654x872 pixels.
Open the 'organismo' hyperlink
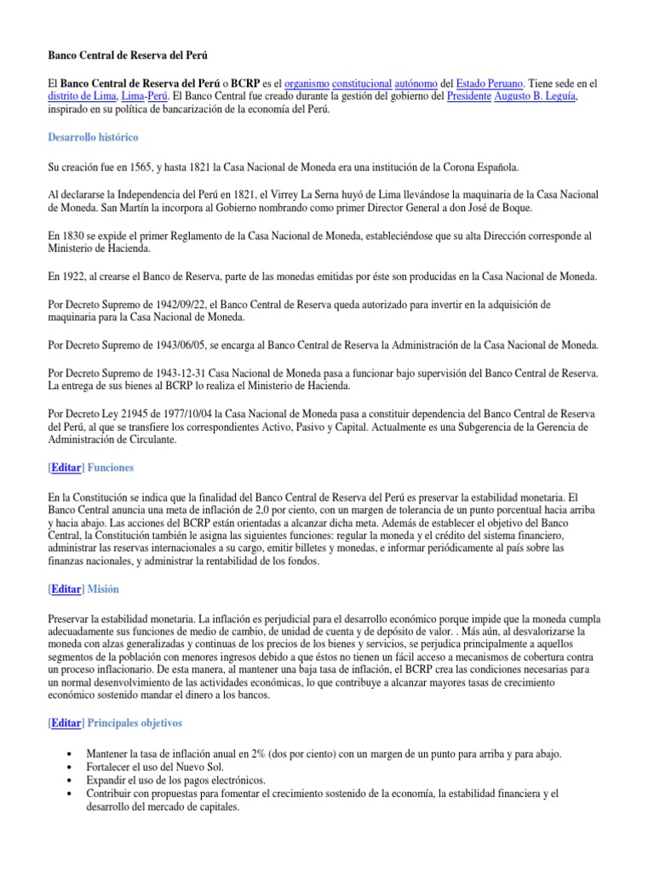click(305, 84)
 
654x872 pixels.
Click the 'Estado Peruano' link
click(490, 84)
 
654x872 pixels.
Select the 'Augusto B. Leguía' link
click(537, 97)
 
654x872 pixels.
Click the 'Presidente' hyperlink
click(470, 97)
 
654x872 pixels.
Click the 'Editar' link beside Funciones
click(66, 468)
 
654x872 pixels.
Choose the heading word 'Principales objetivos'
click(134, 723)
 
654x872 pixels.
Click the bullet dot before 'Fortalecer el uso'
click(68, 768)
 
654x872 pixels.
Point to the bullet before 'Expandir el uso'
click(68, 781)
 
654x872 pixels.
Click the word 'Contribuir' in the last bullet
click(112, 793)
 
